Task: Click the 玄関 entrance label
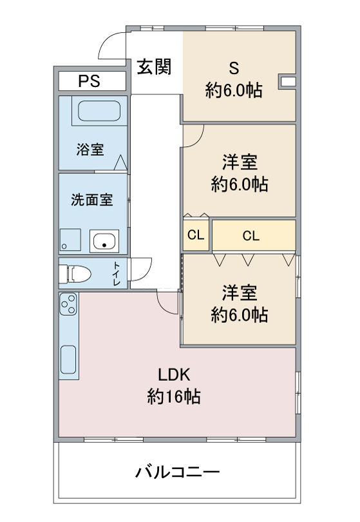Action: coord(154,66)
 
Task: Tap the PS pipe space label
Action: coord(89,81)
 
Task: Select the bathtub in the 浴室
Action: coord(99,111)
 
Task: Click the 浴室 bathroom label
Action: coord(90,150)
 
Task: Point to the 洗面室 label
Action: coord(92,199)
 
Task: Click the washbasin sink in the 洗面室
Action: coord(104,241)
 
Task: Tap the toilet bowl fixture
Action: coord(75,274)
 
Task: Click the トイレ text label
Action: coord(117,274)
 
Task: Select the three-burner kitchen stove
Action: coord(68,304)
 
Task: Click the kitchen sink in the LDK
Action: coord(68,359)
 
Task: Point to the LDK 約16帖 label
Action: coord(174,386)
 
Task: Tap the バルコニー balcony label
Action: coord(177,472)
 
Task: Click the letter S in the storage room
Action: coord(234,68)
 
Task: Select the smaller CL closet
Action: coord(196,235)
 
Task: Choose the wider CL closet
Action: coord(254,235)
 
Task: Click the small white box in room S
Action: coord(288,81)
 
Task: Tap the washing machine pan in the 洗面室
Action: coord(70,240)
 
